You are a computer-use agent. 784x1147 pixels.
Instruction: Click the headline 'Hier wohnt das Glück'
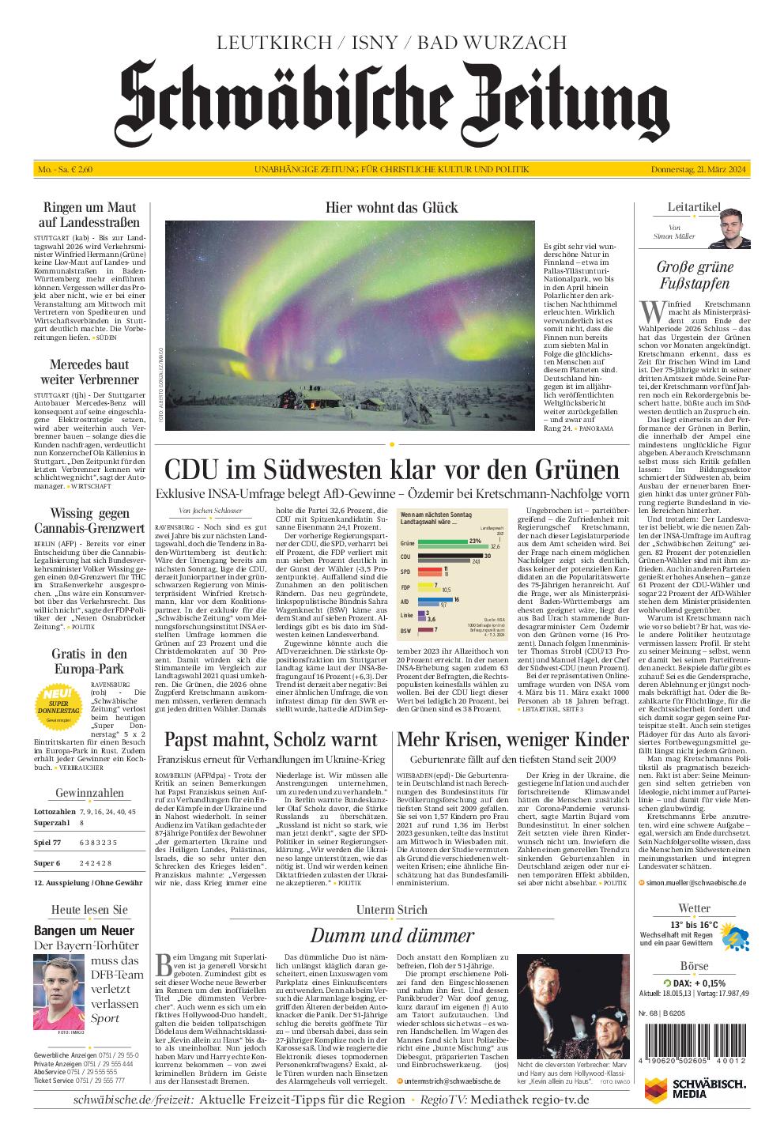point(391,208)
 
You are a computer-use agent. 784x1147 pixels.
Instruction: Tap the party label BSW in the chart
point(406,630)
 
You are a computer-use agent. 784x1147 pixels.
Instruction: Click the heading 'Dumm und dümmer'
point(392,935)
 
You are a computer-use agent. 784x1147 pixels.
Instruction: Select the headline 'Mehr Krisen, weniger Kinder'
point(513,740)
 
